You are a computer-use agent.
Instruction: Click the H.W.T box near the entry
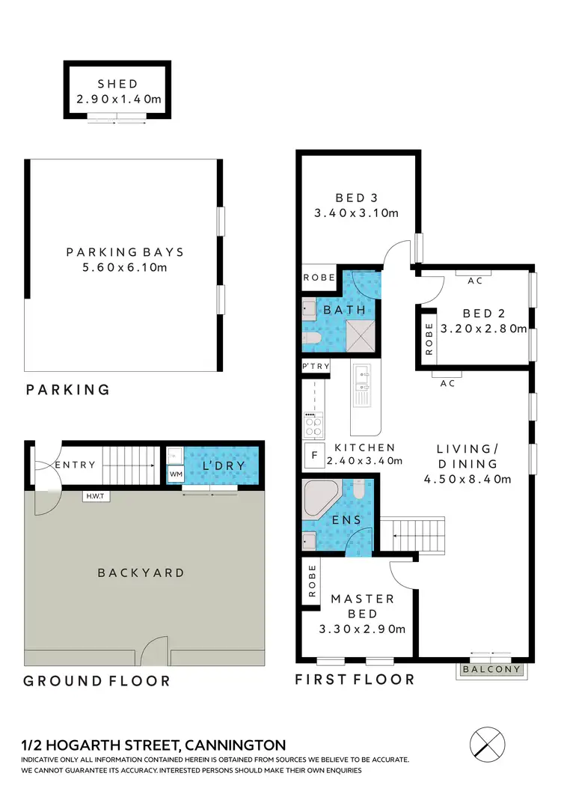(x=96, y=495)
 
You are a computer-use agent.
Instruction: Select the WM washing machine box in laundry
(x=177, y=474)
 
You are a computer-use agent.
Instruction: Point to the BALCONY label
(x=492, y=670)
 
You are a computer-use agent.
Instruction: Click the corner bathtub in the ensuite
(x=319, y=498)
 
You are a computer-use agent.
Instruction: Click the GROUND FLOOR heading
(x=96, y=681)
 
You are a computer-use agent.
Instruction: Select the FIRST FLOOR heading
(x=355, y=680)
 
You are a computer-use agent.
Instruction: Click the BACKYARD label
(x=141, y=573)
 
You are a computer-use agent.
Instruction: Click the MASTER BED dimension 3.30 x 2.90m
(x=362, y=629)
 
